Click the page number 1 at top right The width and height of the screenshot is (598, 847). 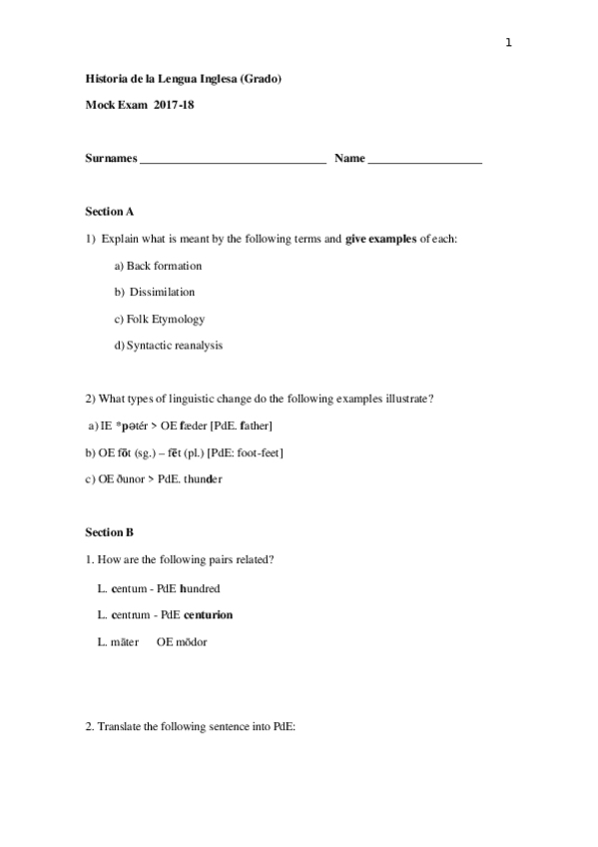click(508, 42)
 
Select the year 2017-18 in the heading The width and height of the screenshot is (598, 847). click(175, 105)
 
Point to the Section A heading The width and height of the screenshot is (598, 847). click(110, 212)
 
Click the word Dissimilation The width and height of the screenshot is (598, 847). click(162, 293)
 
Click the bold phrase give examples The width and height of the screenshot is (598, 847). click(380, 239)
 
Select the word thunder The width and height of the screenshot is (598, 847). click(202, 479)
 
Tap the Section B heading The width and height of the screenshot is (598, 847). click(110, 532)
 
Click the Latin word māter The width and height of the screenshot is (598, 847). click(125, 642)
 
